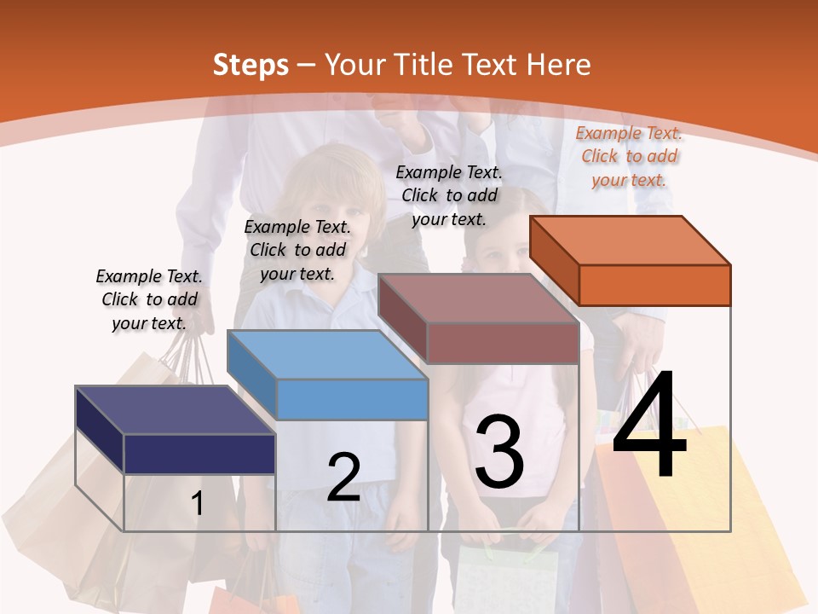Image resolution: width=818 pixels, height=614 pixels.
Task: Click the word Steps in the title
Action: click(251, 65)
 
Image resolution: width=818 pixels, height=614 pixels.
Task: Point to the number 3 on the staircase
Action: click(499, 451)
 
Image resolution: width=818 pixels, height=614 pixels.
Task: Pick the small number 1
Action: click(198, 503)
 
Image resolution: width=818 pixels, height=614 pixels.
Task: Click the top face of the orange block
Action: click(631, 240)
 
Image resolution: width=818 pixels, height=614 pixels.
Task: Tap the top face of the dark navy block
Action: click(176, 410)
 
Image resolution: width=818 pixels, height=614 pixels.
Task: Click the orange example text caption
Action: click(629, 156)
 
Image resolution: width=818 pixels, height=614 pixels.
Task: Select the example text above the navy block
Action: click(149, 299)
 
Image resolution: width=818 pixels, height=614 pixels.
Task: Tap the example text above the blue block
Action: click(297, 250)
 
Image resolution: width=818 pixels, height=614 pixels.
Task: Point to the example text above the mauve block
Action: click(449, 195)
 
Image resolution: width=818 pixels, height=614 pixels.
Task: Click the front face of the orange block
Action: click(654, 285)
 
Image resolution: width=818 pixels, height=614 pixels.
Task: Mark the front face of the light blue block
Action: click(353, 399)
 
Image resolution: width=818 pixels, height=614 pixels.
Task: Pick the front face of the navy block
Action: click(199, 454)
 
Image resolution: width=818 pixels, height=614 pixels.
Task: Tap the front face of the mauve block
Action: click(503, 343)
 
